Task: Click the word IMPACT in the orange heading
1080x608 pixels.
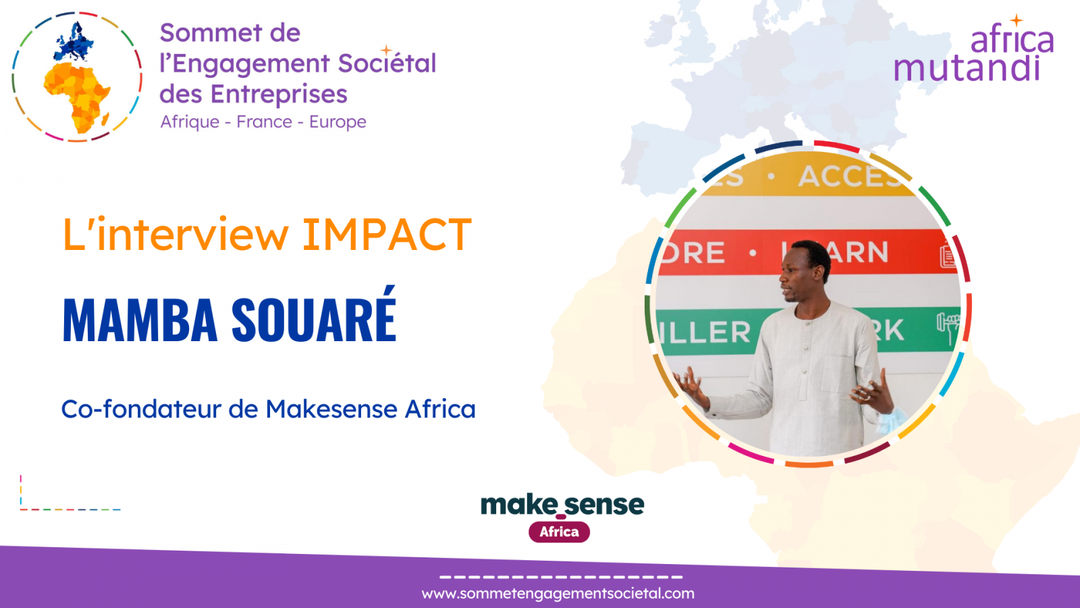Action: coord(386,235)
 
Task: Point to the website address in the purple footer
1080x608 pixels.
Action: coord(558,594)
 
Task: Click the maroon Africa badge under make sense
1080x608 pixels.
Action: coord(559,532)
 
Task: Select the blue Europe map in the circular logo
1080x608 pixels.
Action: coord(74,43)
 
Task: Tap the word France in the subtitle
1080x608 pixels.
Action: coord(264,122)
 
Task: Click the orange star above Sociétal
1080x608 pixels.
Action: coord(386,50)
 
